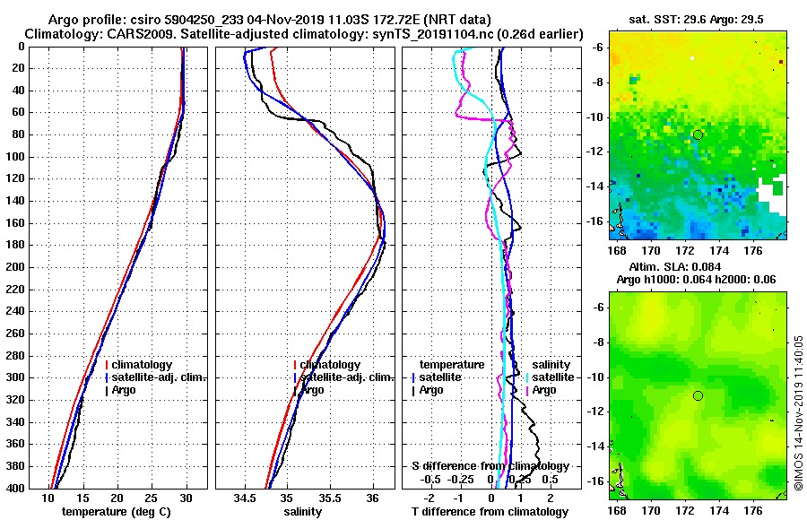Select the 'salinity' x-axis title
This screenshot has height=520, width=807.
pyautogui.click(x=304, y=512)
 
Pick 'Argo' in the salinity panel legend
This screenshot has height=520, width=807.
pyautogui.click(x=313, y=390)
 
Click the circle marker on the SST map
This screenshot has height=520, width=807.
pyautogui.click(x=698, y=134)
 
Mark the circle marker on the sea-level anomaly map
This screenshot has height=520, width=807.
pyautogui.click(x=698, y=395)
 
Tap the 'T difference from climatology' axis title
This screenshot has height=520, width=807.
pyautogui.click(x=490, y=512)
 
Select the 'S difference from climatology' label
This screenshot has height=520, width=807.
pyautogui.click(x=490, y=466)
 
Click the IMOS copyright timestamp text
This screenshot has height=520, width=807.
pyautogui.click(x=799, y=414)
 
